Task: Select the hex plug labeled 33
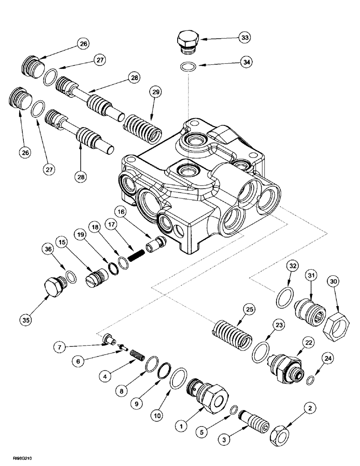(188, 41)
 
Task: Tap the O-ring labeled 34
(188, 67)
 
